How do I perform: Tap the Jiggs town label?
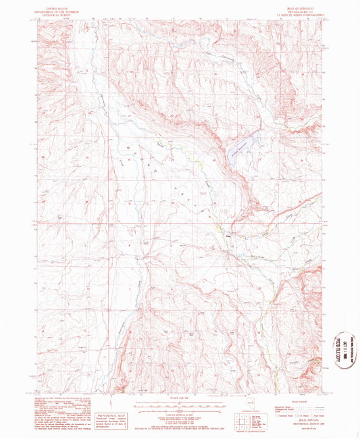point(228,236)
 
